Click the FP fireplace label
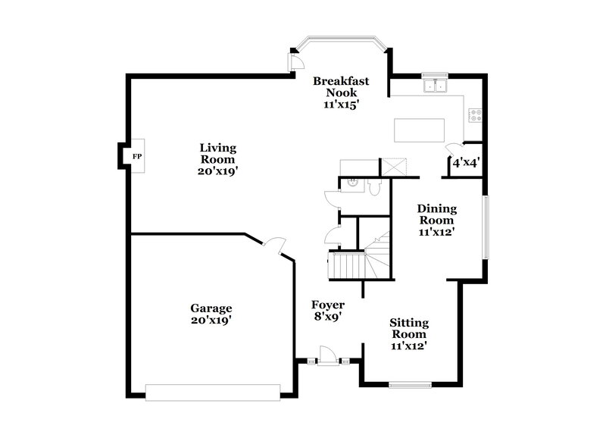coord(137,157)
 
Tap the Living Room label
coord(218,159)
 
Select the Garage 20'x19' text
coord(211,314)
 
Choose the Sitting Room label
coord(409,333)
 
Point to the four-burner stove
coord(476,116)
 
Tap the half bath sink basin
coord(352,182)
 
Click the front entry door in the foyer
coord(328,355)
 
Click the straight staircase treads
coord(350,265)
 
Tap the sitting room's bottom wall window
coord(410,385)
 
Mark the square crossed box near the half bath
coord(394,166)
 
